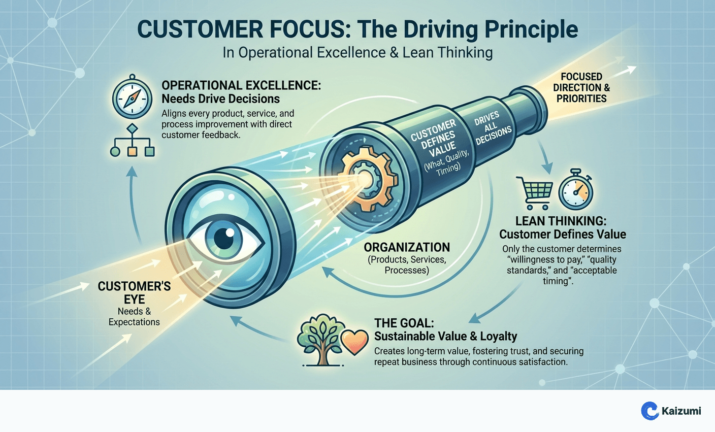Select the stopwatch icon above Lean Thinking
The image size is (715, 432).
pos(576,192)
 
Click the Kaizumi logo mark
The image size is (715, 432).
pos(650,411)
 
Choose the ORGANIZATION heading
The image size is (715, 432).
pos(407,247)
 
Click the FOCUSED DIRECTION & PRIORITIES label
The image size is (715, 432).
pos(581,87)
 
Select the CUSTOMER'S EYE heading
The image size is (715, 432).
pos(134,292)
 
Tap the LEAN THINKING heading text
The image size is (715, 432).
pos(561,221)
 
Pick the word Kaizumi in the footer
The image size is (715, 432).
pos(681,411)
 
